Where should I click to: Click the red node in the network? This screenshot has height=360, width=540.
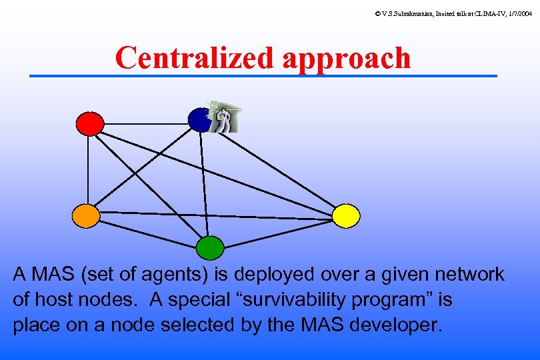pyautogui.click(x=90, y=123)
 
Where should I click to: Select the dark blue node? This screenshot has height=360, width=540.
pyautogui.click(x=199, y=120)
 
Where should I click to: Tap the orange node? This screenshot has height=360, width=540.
pyautogui.click(x=86, y=215)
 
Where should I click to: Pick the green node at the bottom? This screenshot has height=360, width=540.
pyautogui.click(x=210, y=247)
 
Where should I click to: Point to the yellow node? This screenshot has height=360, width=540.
pyautogui.click(x=346, y=215)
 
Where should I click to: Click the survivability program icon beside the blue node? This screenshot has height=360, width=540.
pyautogui.click(x=223, y=117)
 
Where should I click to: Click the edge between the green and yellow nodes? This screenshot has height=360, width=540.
pyautogui.click(x=280, y=231)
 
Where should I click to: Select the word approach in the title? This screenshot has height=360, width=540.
pyautogui.click(x=347, y=58)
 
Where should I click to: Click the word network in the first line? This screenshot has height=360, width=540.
pyautogui.click(x=469, y=274)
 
